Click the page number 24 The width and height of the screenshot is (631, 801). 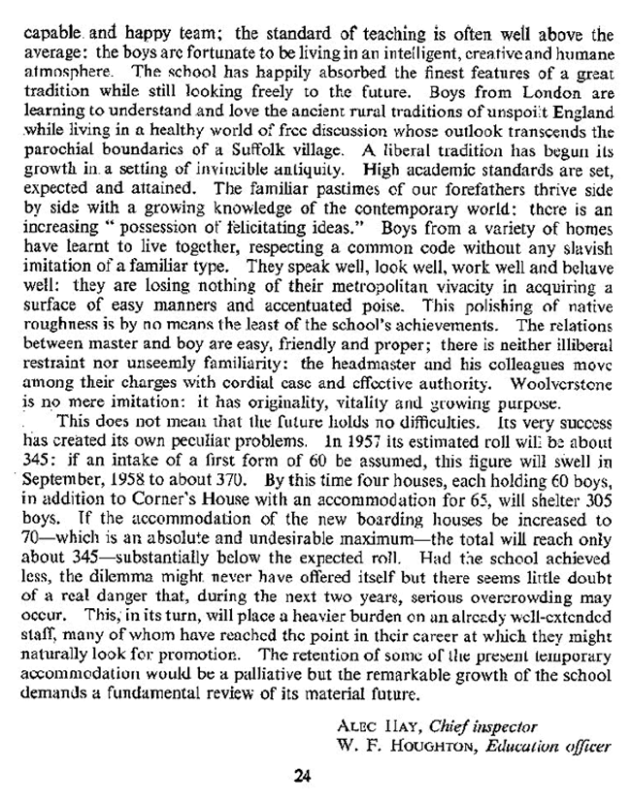click(303, 773)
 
